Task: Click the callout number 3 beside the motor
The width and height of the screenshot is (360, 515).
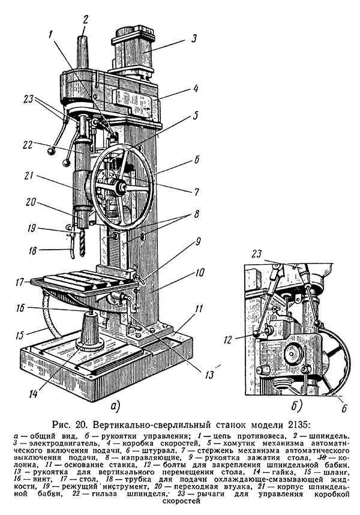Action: pyautogui.click(x=194, y=38)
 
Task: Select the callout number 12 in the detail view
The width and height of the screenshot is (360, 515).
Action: pyautogui.click(x=228, y=339)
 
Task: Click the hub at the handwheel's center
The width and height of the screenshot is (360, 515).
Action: pyautogui.click(x=121, y=188)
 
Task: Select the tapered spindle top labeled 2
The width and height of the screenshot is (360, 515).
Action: pyautogui.click(x=83, y=51)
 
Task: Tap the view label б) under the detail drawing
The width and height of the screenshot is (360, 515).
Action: pyautogui.click(x=296, y=406)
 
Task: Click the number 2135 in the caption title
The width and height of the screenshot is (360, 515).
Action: pyautogui.click(x=296, y=424)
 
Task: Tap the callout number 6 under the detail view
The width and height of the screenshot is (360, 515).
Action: pyautogui.click(x=344, y=408)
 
